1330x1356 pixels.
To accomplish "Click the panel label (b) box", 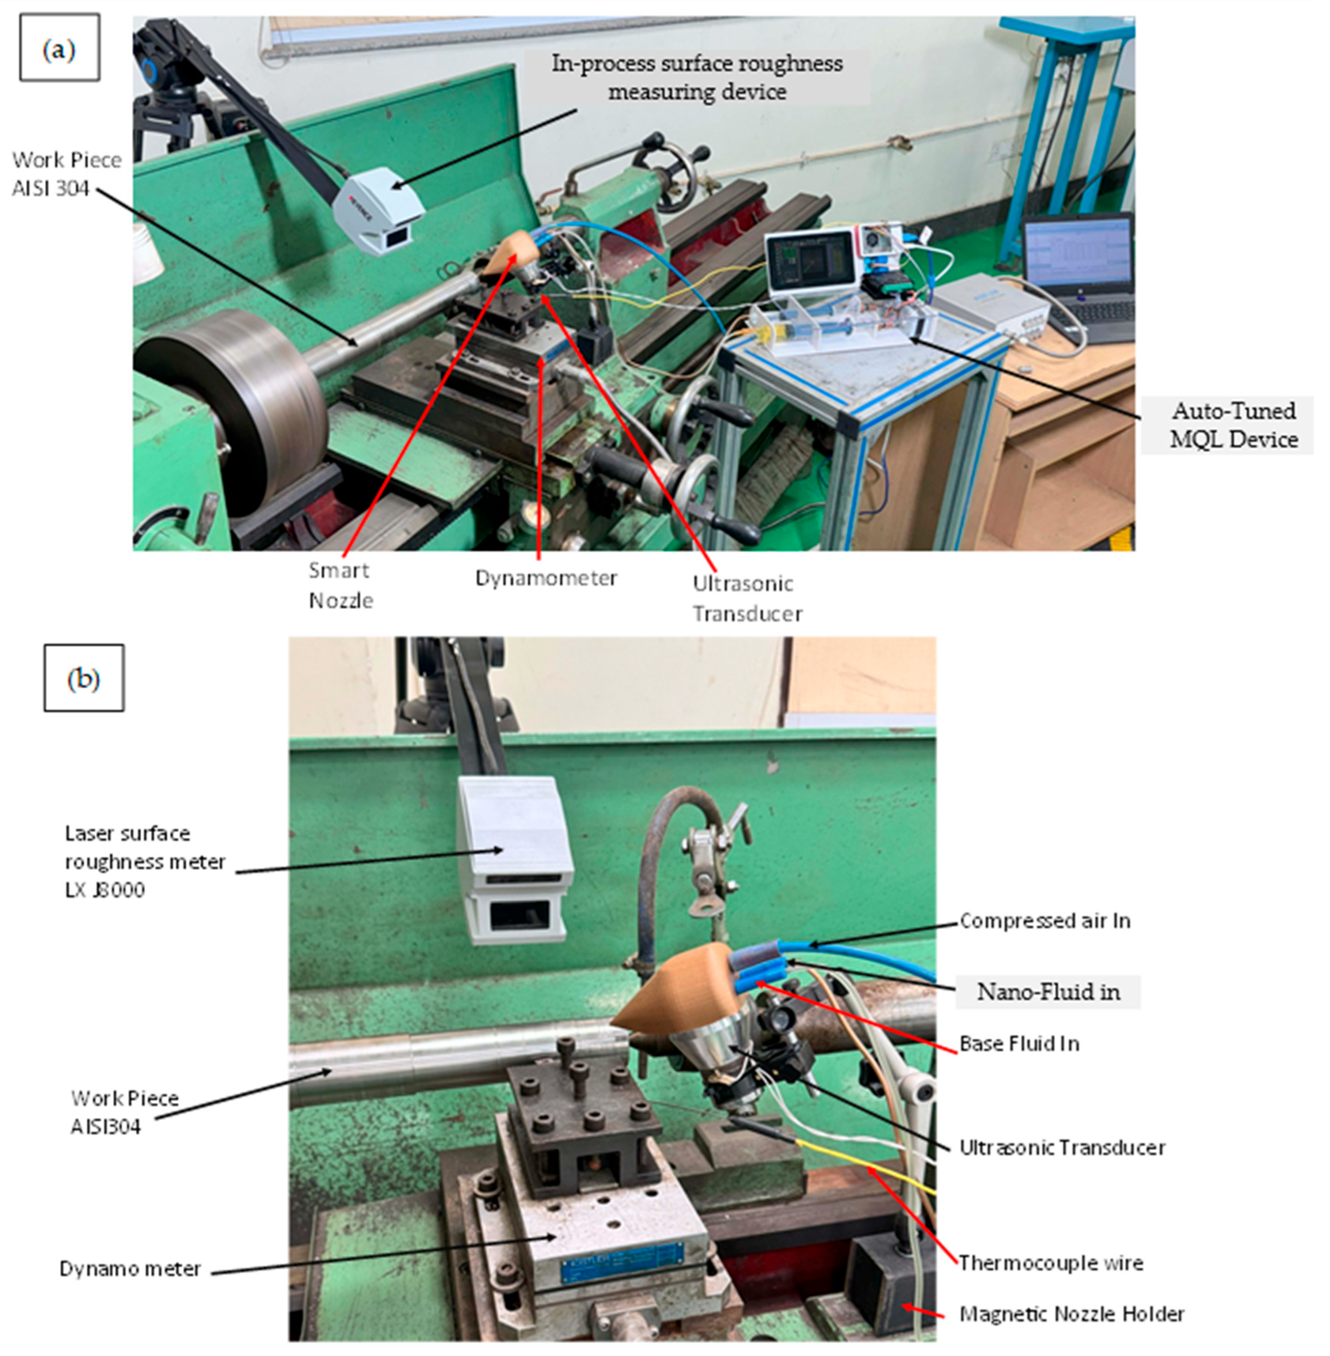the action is coord(84,678).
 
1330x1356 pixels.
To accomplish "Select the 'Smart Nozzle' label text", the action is coord(341,585).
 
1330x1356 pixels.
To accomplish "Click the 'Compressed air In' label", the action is coord(1045,921).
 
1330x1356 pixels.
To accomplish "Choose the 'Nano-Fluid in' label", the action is coord(1048,992).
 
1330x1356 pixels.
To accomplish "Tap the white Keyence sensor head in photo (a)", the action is coord(377,210).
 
